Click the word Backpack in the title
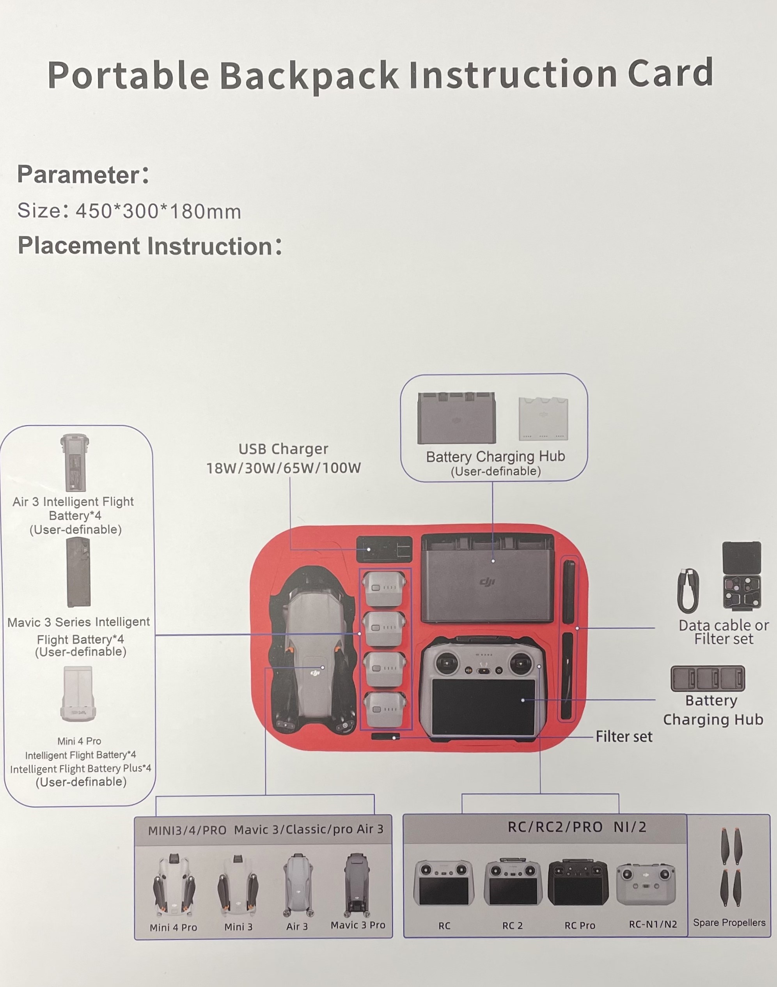(x=309, y=76)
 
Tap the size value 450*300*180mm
(x=158, y=211)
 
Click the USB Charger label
(x=284, y=449)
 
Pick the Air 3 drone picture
(x=298, y=884)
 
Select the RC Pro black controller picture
(x=578, y=883)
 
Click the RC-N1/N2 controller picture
(x=646, y=884)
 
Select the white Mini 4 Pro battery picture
(x=78, y=694)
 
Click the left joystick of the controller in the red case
(x=447, y=662)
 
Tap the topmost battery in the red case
(x=385, y=588)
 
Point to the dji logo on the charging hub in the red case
(x=487, y=582)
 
